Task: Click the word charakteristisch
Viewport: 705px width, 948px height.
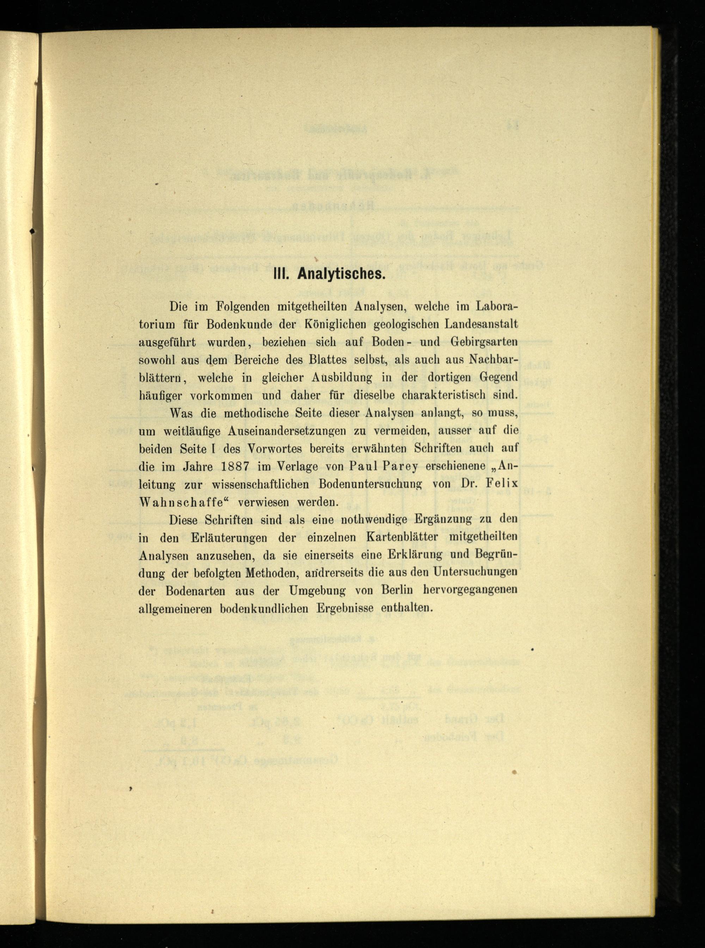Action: (x=444, y=395)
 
